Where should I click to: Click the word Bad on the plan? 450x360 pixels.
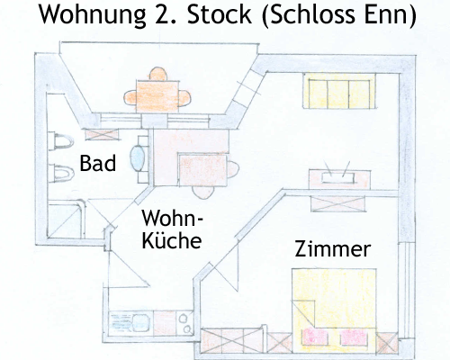[98, 164]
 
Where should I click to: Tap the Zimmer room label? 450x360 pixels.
[333, 249]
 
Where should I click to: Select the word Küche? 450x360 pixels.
[172, 239]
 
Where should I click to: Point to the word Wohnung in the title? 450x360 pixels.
[93, 15]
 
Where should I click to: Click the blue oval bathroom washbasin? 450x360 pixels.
[138, 158]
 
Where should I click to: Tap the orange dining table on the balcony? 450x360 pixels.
[157, 96]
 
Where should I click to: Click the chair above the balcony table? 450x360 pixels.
[158, 74]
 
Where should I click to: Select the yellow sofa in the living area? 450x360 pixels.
[339, 91]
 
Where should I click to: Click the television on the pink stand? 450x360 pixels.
[337, 177]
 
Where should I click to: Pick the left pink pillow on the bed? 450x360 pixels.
[313, 336]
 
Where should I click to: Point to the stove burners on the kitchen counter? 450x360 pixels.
[184, 323]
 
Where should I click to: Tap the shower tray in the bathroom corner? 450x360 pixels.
[66, 220]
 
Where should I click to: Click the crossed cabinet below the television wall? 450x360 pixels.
[338, 203]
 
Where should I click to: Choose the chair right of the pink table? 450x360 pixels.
[233, 169]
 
